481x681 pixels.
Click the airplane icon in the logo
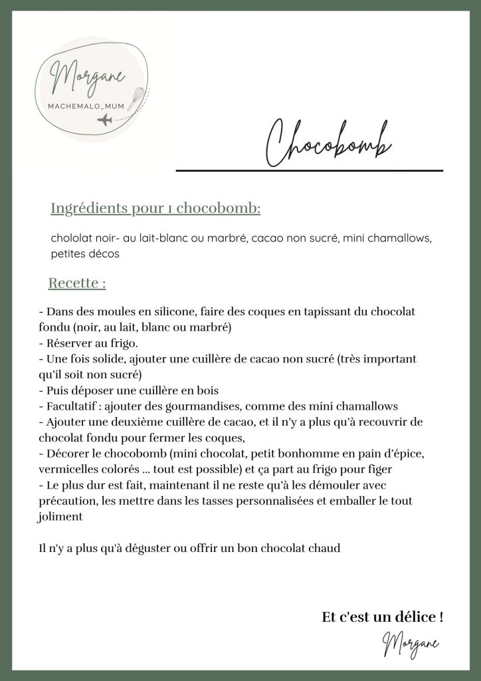point(105,120)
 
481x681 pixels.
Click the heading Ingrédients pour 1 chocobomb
point(155,208)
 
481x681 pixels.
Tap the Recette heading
point(77,283)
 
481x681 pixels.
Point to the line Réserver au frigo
point(88,343)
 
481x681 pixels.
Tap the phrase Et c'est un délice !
point(383,617)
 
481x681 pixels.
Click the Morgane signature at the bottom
point(410,643)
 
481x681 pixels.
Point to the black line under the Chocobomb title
point(309,171)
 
